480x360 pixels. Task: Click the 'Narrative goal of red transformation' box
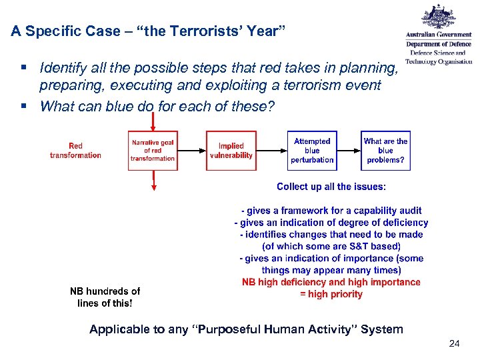coord(153,151)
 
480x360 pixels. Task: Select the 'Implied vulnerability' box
coord(231,151)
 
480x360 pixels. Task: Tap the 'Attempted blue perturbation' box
coord(311,151)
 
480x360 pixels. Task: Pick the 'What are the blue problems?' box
coord(385,151)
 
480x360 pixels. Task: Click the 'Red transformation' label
coord(75,151)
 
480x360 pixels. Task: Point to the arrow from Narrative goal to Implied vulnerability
coord(191,151)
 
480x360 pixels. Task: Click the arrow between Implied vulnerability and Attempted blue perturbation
coord(271,151)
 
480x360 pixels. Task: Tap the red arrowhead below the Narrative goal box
coord(153,188)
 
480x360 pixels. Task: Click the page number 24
coord(455,343)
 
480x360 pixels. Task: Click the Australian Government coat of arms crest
coord(439,19)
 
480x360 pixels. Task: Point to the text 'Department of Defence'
coord(439,44)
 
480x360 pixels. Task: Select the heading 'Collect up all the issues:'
coord(331,187)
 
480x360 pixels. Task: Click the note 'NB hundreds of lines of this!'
coord(105,297)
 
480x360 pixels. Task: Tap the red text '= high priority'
coord(331,294)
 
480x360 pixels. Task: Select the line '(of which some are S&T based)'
coord(331,246)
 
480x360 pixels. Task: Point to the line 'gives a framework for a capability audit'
coord(331,211)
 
